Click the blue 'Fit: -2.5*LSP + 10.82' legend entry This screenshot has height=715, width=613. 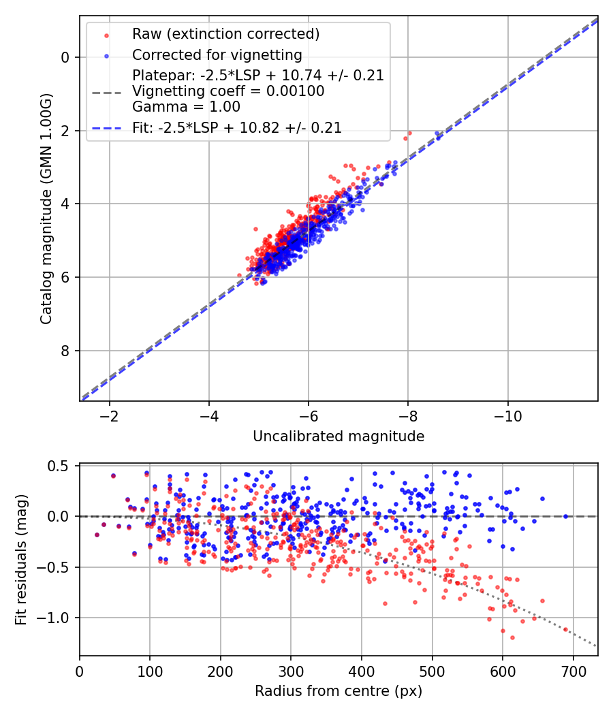pyautogui.click(x=236, y=127)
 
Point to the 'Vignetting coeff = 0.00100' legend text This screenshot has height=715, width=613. pyautogui.click(x=228, y=91)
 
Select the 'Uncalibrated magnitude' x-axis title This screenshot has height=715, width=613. pyautogui.click(x=339, y=436)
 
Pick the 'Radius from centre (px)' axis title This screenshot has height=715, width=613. pyautogui.click(x=339, y=691)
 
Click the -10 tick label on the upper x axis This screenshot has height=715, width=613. pyautogui.click(x=508, y=416)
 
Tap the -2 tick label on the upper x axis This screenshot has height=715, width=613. pyautogui.click(x=109, y=416)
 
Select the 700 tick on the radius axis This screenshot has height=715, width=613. pyautogui.click(x=573, y=671)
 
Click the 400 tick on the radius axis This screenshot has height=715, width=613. pyautogui.click(x=362, y=671)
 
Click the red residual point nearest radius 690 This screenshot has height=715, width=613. pyautogui.click(x=565, y=629)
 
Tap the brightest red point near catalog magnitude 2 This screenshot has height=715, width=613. pyautogui.click(x=409, y=133)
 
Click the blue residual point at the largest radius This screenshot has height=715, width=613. pyautogui.click(x=565, y=516)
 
